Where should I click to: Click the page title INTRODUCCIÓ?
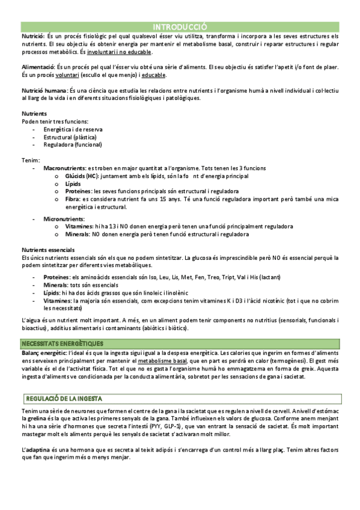(x=180, y=27)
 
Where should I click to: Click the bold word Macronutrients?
(x=64, y=168)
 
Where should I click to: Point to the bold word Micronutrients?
(x=64, y=218)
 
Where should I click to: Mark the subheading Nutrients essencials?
(x=48, y=250)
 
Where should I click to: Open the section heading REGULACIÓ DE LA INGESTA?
(x=64, y=398)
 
